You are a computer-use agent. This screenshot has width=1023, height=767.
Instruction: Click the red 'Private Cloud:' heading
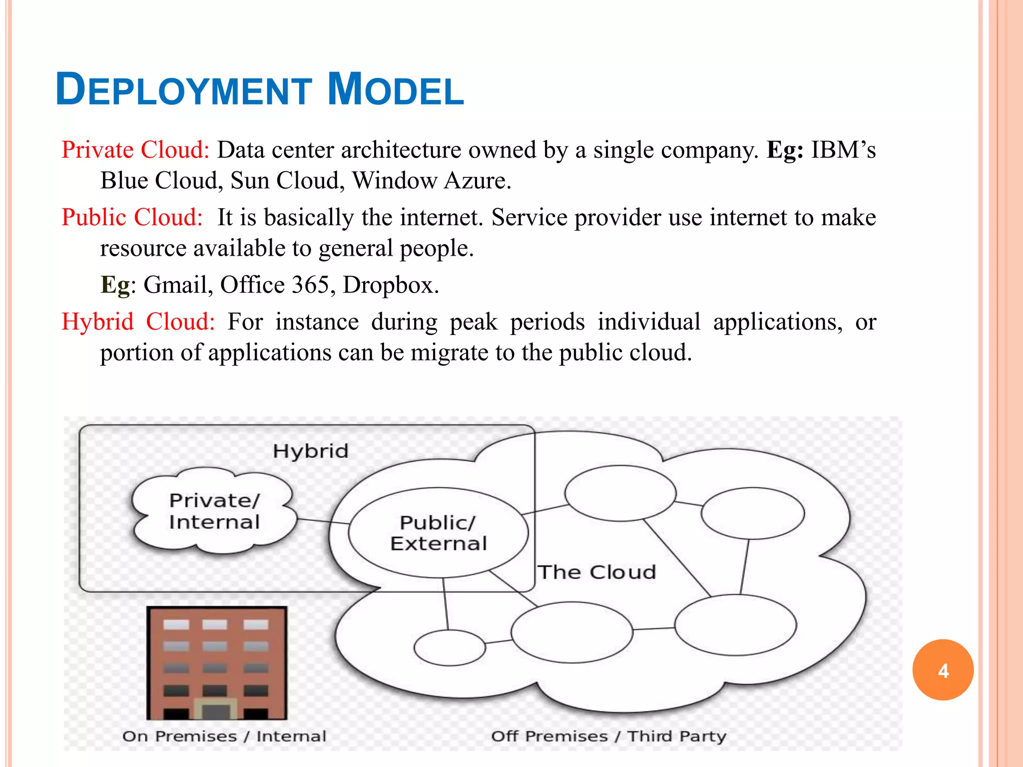tap(135, 150)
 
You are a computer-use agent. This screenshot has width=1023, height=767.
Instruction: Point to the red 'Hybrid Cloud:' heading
tap(138, 322)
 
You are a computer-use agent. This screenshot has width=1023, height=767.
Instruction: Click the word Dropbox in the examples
tap(391, 285)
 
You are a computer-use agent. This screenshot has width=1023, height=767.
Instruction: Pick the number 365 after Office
tap(310, 285)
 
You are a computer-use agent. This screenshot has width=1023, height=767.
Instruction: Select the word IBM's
tap(843, 150)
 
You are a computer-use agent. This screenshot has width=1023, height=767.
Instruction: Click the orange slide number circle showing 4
tap(943, 670)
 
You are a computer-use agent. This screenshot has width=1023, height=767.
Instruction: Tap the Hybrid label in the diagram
tap(311, 451)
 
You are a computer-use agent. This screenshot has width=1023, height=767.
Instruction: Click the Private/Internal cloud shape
tap(215, 511)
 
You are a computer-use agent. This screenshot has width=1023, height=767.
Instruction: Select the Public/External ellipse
tap(438, 533)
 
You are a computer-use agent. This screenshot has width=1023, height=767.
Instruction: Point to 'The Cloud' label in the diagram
tap(597, 572)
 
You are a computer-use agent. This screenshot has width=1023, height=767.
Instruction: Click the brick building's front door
tap(216, 711)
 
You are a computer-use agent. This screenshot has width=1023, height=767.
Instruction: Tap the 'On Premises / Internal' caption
tap(224, 736)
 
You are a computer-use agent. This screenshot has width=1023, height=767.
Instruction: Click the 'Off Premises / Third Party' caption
tap(608, 736)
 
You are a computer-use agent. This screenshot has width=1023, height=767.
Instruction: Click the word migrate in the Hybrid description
tap(450, 353)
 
